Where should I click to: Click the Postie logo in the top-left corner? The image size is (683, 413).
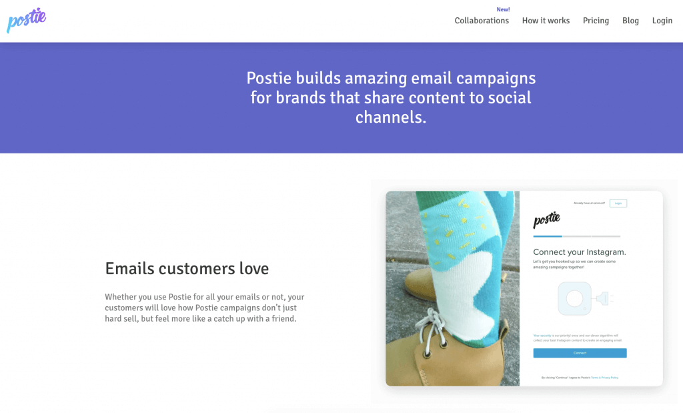point(26,19)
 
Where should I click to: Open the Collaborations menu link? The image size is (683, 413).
point(482,21)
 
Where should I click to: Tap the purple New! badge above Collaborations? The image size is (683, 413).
point(503,9)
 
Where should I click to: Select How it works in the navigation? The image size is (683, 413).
point(546,21)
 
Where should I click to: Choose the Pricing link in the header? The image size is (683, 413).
point(596,21)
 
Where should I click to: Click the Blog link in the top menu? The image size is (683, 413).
point(630,21)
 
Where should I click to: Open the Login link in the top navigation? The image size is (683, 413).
point(662,21)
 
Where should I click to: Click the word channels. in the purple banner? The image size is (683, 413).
point(391,117)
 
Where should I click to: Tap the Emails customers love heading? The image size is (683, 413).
point(187,269)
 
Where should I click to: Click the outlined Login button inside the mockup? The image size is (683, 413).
point(618,203)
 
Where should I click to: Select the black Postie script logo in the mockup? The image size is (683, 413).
point(546,220)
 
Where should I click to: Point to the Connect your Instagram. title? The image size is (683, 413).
point(579,252)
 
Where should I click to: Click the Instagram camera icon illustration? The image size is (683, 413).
point(574,298)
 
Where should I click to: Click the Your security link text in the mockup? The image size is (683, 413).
point(542,335)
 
